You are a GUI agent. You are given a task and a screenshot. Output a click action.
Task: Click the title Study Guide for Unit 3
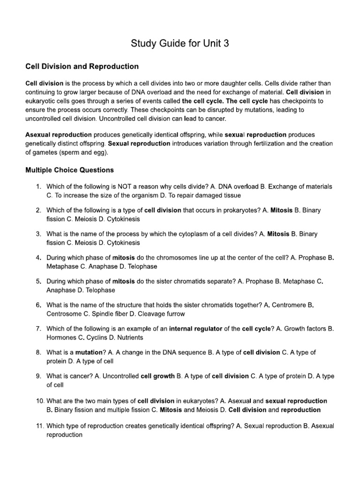pyautogui.click(x=180, y=45)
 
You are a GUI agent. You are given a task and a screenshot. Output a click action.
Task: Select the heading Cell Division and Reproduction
pyautogui.click(x=82, y=67)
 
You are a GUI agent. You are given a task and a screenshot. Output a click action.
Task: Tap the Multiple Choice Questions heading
pyautogui.click(x=69, y=170)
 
